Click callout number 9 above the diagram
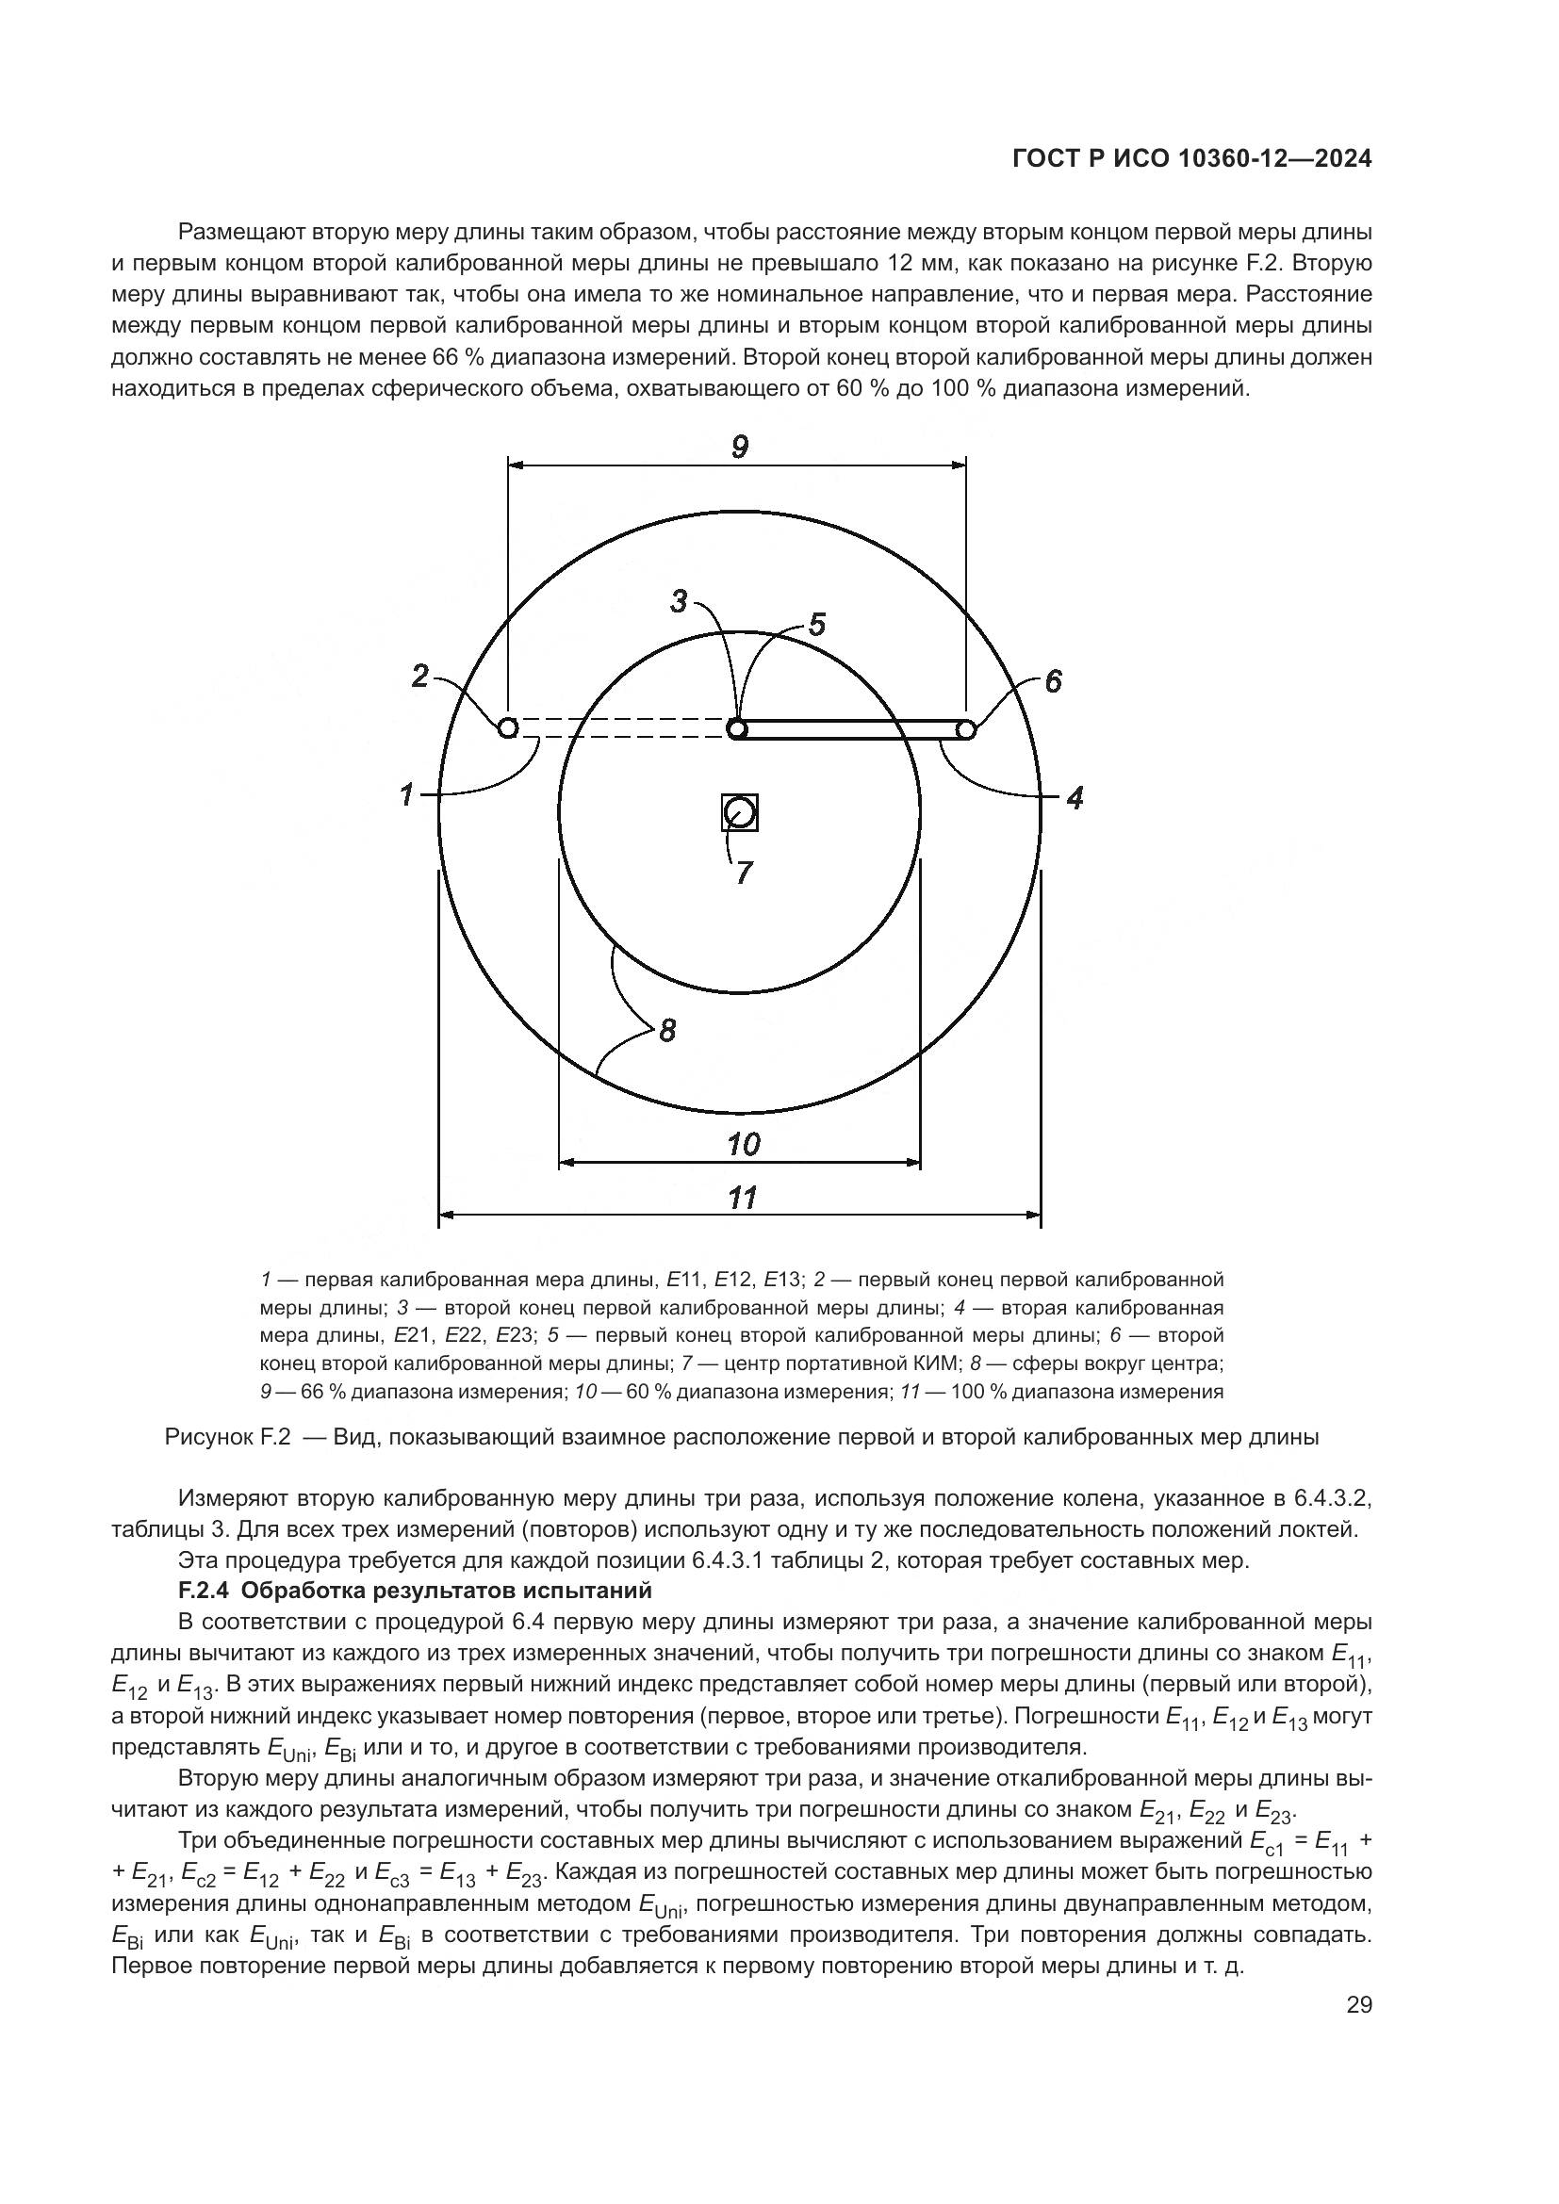point(739,447)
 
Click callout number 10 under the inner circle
point(744,1144)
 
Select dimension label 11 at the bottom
point(743,1197)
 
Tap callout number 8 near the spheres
point(667,1031)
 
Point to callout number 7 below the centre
point(744,873)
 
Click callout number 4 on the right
point(1075,797)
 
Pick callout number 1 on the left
point(407,795)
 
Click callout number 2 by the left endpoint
point(420,677)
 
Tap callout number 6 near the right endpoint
point(1053,681)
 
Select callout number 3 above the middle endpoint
point(679,602)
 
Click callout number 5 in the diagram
point(816,625)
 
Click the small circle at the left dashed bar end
point(508,727)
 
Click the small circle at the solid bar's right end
point(966,730)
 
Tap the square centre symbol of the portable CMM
point(740,813)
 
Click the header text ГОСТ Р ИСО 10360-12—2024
point(1191,159)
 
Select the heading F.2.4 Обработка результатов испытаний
point(415,1591)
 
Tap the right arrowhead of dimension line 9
point(959,465)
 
